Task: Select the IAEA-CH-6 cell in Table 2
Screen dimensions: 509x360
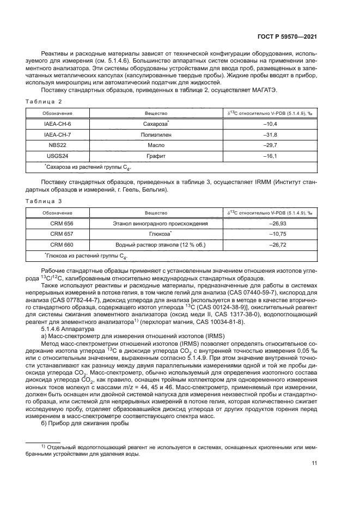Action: pyautogui.click(x=58, y=124)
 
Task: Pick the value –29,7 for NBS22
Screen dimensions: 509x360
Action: pyautogui.click(x=269, y=145)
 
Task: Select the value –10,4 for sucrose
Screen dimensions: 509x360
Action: pyautogui.click(x=269, y=124)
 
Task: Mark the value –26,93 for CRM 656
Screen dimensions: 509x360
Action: pyautogui.click(x=269, y=223)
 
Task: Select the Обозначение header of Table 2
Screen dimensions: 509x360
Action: pyautogui.click(x=58, y=113)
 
